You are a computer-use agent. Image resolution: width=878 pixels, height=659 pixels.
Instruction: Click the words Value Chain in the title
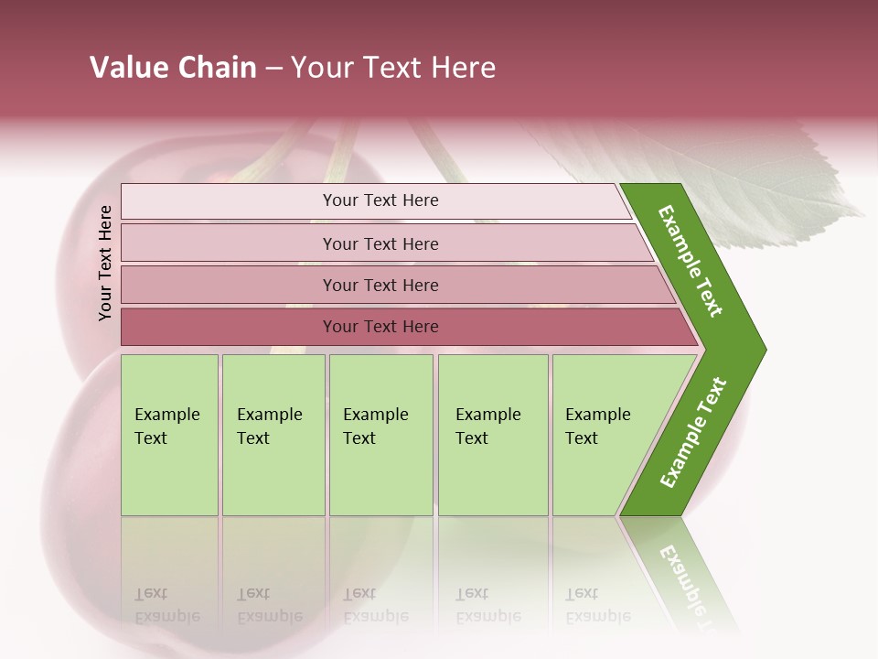tap(173, 68)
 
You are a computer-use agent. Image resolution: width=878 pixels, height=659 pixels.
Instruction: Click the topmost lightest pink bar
tap(229, 201)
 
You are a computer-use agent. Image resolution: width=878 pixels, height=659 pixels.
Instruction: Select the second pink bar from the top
tap(229, 243)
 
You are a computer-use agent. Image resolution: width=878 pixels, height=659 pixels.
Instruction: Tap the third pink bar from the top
tap(229, 286)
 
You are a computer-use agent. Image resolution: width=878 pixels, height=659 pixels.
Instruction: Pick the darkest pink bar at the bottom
tap(229, 327)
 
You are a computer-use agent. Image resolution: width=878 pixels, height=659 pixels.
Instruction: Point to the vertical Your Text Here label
tap(105, 263)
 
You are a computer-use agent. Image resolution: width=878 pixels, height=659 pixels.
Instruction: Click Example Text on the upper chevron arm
tap(691, 261)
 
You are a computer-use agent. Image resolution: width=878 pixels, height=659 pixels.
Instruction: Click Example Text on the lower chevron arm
tap(693, 433)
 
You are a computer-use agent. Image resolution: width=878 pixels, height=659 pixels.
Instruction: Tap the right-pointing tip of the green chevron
tap(758, 349)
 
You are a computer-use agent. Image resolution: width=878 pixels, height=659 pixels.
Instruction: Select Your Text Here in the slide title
tap(393, 68)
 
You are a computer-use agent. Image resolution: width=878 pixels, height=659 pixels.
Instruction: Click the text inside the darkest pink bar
tap(380, 327)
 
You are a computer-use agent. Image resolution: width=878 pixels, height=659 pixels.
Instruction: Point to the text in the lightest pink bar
tap(380, 200)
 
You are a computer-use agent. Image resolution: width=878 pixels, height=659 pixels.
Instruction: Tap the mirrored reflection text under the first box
tap(166, 605)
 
